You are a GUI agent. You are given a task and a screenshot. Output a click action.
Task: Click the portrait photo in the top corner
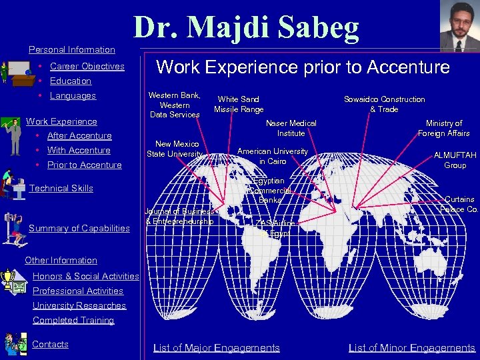(460, 26)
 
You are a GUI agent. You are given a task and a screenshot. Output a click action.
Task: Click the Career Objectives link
(87, 66)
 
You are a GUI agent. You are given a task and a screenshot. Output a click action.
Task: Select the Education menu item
(71, 81)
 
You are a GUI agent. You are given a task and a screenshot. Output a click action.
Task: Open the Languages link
(73, 95)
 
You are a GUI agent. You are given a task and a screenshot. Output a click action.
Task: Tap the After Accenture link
(79, 135)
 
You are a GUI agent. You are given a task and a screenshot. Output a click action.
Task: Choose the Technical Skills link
(61, 188)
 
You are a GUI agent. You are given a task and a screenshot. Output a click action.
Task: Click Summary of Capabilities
(79, 228)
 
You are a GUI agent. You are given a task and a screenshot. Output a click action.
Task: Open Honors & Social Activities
(85, 276)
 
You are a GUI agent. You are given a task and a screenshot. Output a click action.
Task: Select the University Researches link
(79, 305)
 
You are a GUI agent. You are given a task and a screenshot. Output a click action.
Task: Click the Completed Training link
(73, 320)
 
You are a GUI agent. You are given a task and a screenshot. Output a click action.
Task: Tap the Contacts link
(51, 344)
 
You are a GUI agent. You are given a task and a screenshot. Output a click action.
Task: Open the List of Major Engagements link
(217, 347)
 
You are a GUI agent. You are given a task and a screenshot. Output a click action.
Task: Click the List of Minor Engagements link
(412, 347)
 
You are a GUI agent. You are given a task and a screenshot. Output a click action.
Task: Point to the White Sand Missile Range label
(239, 104)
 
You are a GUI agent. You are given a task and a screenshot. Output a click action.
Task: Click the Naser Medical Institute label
(291, 128)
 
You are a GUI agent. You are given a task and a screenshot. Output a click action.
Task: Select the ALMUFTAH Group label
(455, 160)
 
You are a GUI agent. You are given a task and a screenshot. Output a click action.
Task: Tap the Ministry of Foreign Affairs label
(444, 128)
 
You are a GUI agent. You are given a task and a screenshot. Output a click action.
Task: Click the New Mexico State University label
(175, 149)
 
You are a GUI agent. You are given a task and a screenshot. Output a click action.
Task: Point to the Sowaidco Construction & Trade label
(384, 104)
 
